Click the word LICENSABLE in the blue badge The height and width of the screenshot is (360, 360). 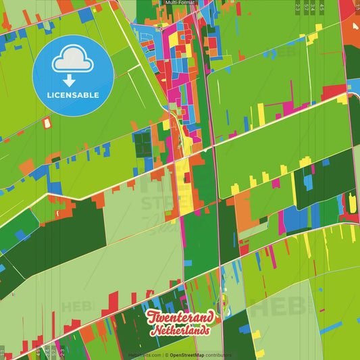(73, 95)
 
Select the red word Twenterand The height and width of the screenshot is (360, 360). (180, 317)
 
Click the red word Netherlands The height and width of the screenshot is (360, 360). (180, 331)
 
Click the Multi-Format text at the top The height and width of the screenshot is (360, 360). (180, 3)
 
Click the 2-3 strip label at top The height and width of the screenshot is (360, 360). (298, 7)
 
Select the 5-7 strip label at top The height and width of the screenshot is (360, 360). (307, 7)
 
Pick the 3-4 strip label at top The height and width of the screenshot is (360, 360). (314, 7)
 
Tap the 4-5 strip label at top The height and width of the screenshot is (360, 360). (322, 7)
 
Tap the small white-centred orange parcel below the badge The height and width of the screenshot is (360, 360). (47, 124)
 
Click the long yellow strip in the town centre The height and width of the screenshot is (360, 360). (184, 196)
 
